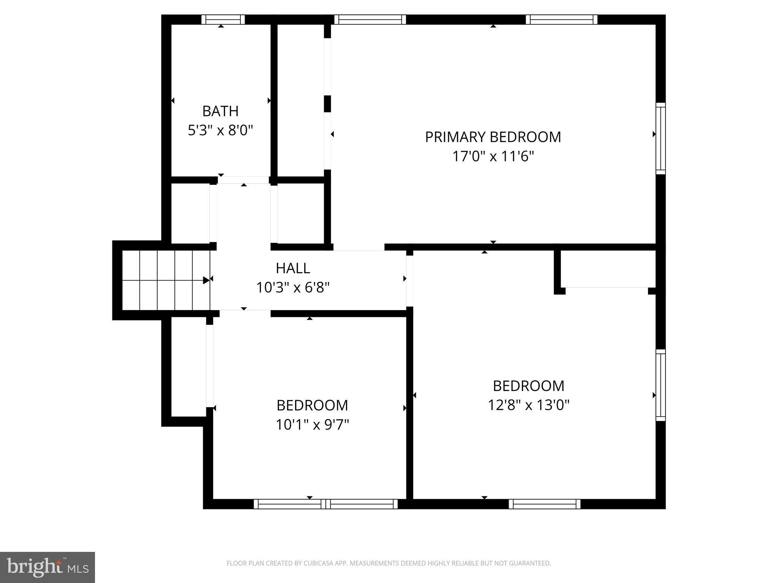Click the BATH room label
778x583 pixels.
(220, 111)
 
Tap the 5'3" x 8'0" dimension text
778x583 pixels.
(220, 131)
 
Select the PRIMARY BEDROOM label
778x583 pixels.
(493, 137)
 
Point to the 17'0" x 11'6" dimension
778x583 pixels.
(493, 156)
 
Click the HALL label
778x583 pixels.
(293, 268)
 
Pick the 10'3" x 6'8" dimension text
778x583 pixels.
(293, 288)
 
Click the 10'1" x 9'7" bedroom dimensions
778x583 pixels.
(312, 425)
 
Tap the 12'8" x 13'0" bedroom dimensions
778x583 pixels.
(528, 405)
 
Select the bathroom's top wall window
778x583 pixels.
(223, 20)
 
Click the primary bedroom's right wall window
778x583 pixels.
(661, 139)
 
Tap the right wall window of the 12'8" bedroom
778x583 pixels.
(661, 385)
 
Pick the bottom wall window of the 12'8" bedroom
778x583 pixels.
(544, 504)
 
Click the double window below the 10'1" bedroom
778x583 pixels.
(326, 504)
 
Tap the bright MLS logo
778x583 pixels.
(47, 567)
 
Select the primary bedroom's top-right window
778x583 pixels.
(561, 20)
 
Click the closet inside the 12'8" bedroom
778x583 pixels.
(608, 269)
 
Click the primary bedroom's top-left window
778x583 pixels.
(370, 20)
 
